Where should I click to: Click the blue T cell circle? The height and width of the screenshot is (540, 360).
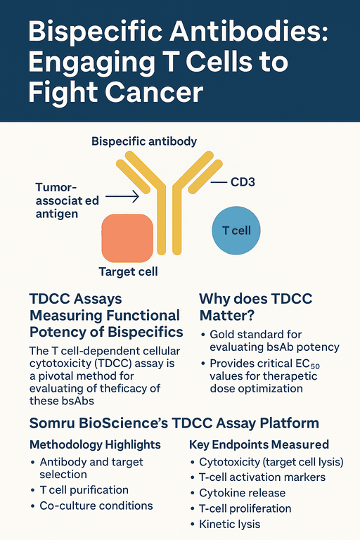coord(236,231)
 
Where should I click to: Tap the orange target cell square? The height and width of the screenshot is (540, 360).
coord(127,238)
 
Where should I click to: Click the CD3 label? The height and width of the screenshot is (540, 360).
coord(243,182)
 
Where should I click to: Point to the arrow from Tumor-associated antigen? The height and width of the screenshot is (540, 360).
coord(122,197)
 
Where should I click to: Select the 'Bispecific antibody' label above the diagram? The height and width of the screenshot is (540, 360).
coord(144,141)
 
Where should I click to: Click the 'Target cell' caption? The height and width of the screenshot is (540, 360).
coord(128,271)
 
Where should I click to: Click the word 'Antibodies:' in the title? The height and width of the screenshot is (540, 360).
coord(249,32)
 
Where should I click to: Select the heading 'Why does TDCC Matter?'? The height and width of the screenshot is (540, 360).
coord(255,307)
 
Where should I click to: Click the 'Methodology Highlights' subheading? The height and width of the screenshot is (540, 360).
coord(95,444)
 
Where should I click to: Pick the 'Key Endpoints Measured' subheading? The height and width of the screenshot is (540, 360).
coord(259,444)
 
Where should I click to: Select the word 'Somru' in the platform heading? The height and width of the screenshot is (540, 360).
coord(52,423)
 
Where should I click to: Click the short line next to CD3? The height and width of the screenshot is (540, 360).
coord(219,182)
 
